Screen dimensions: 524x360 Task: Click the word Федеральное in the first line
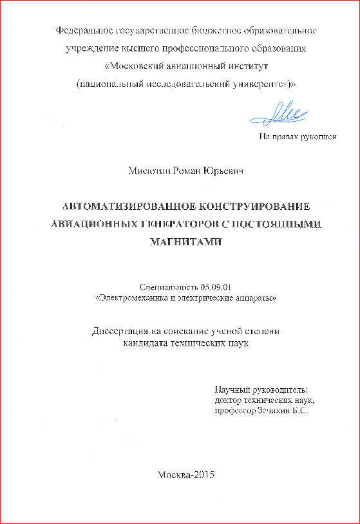click(83, 30)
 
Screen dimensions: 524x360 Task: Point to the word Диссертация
click(119, 332)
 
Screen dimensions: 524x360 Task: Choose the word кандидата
click(145, 344)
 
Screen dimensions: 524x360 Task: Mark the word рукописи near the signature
click(319, 136)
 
